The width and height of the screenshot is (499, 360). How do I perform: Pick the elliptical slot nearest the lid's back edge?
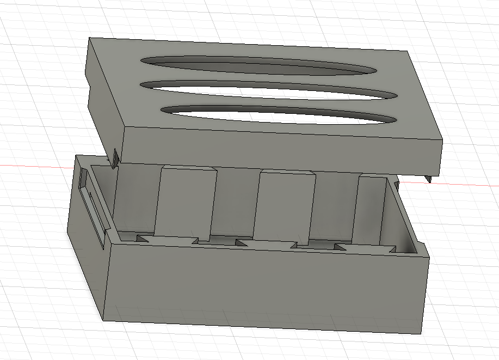[256, 65]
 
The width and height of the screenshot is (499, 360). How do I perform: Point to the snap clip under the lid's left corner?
[116, 158]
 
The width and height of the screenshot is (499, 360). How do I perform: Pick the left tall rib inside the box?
[185, 204]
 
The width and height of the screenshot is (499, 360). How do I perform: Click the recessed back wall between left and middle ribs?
[235, 202]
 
